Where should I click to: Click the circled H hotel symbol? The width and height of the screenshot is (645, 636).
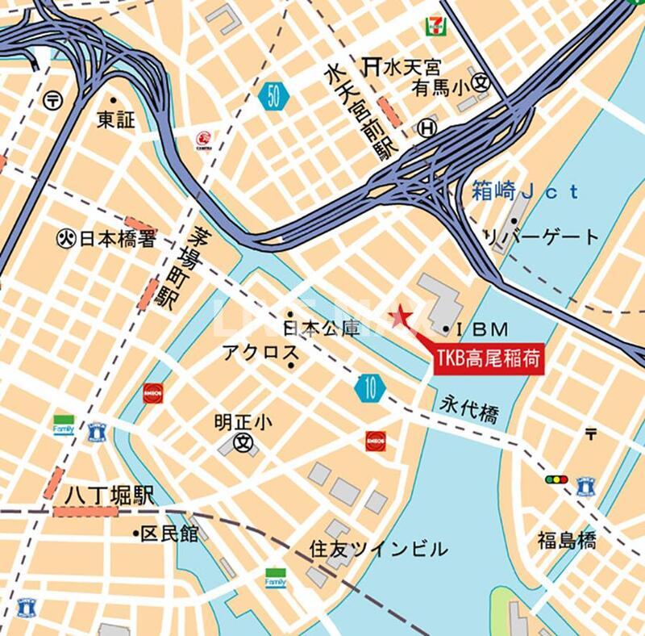point(427,128)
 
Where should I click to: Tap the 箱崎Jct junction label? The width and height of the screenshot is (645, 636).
point(525,191)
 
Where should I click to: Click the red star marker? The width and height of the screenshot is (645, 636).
point(399,317)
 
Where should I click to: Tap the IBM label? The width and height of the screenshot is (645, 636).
point(482,328)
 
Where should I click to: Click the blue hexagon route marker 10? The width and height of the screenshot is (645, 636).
point(369,389)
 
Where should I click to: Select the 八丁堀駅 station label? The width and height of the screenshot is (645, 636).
point(110,497)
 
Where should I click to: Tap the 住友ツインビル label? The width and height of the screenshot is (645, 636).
point(378,550)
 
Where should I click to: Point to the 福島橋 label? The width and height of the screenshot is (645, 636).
point(568,540)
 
